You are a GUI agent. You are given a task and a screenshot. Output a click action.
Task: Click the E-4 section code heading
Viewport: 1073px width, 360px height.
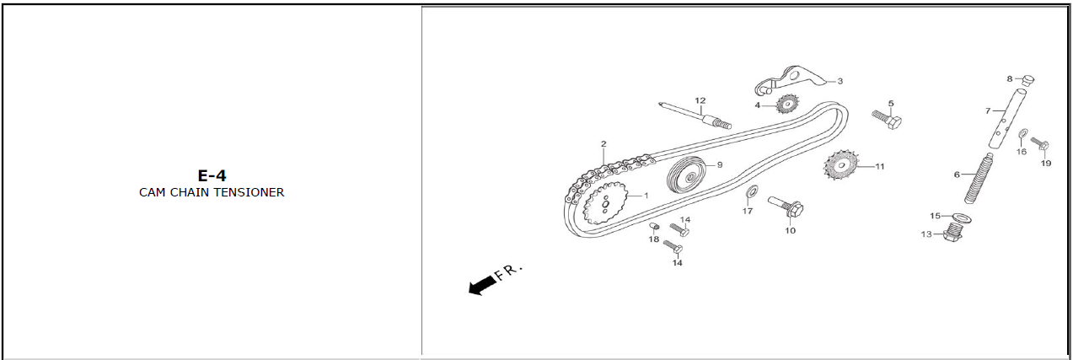[x=212, y=175]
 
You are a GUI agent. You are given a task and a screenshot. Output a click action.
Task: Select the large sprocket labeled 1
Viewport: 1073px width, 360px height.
[x=605, y=203]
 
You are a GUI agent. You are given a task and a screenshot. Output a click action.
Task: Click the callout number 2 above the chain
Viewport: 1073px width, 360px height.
[x=604, y=144]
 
